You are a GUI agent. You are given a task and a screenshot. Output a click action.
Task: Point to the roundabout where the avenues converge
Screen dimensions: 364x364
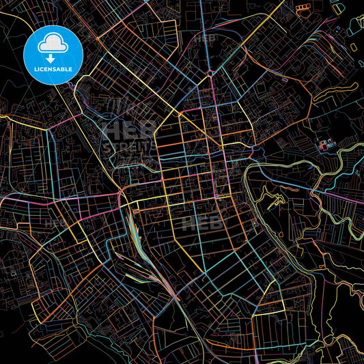tap(210, 73)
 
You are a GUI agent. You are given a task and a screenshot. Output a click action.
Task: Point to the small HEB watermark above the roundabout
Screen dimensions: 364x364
tap(204, 39)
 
